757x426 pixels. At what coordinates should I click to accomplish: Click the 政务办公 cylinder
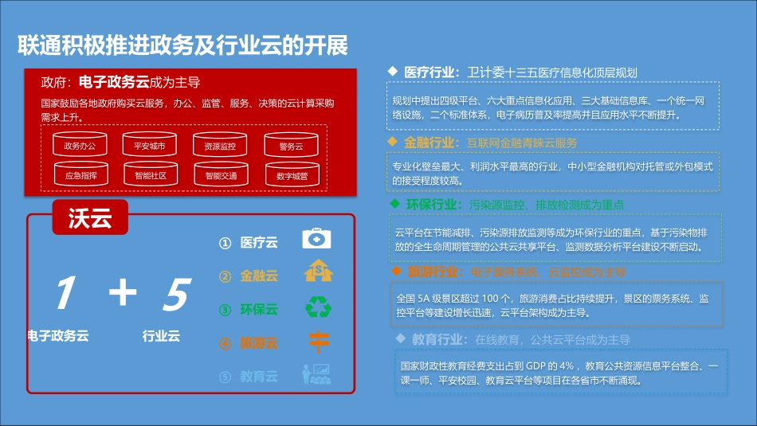coord(80,146)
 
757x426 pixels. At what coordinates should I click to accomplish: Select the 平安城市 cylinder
coord(150,146)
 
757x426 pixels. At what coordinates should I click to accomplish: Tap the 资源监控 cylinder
coord(220,146)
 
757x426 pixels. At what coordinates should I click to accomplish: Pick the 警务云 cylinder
coord(291,146)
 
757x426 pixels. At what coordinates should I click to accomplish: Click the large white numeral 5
coord(175,294)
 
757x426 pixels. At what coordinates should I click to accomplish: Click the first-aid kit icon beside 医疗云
coord(317,239)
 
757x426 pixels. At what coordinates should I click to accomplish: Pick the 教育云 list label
coord(259,376)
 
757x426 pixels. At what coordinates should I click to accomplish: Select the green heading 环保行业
coord(433,205)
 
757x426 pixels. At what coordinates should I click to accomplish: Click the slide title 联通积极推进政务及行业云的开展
coord(182,45)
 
